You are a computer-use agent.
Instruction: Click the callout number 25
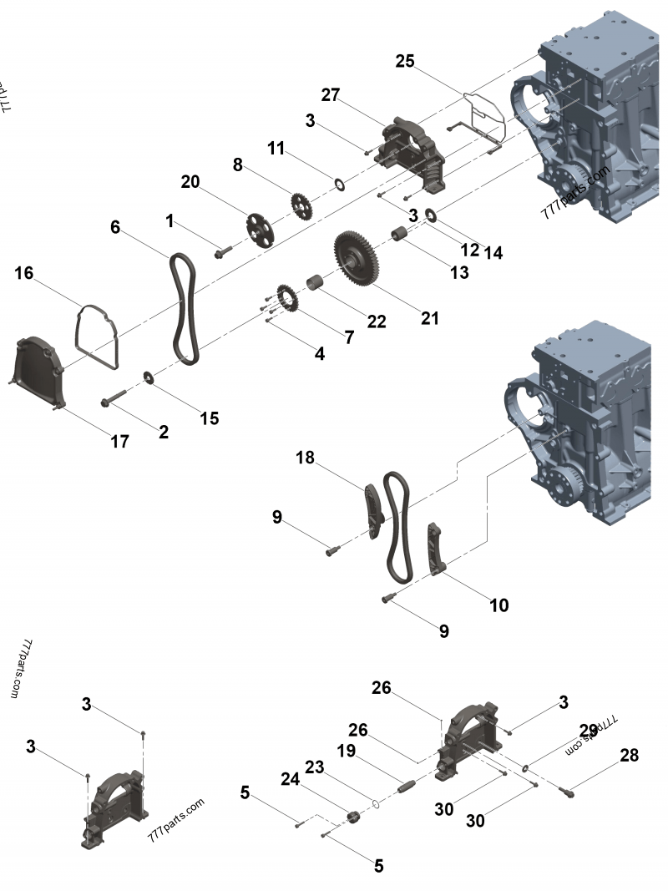[x=405, y=61]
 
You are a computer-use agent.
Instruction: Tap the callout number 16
[x=24, y=273]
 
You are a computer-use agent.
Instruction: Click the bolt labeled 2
[x=116, y=401]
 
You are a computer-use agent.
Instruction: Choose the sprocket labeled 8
[x=299, y=204]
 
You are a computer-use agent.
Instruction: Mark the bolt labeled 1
[x=224, y=250]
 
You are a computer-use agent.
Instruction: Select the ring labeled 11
[x=338, y=183]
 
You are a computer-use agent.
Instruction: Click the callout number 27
[x=330, y=95]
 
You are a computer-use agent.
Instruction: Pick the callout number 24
[x=290, y=778]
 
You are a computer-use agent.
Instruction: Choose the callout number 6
[x=115, y=226]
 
